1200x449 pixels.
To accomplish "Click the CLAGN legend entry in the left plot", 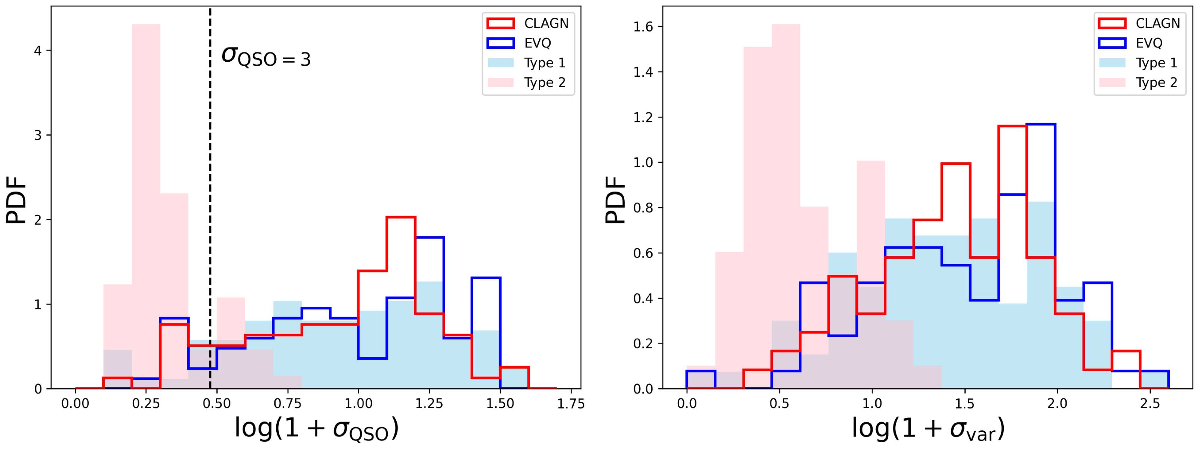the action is click(527, 23).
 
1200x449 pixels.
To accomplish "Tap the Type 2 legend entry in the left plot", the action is click(526, 83).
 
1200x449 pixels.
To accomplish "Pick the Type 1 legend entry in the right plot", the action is click(1138, 62).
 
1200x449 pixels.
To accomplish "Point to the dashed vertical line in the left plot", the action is click(210, 198).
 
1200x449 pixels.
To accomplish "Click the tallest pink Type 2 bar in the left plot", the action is click(146, 207).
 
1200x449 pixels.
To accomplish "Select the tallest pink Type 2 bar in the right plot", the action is click(786, 207).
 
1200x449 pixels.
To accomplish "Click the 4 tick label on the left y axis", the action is click(38, 51).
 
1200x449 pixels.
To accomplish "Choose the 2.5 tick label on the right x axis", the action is click(1150, 404).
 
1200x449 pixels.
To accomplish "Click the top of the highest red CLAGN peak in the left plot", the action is click(401, 217).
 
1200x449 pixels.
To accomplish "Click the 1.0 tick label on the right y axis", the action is click(643, 162).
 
